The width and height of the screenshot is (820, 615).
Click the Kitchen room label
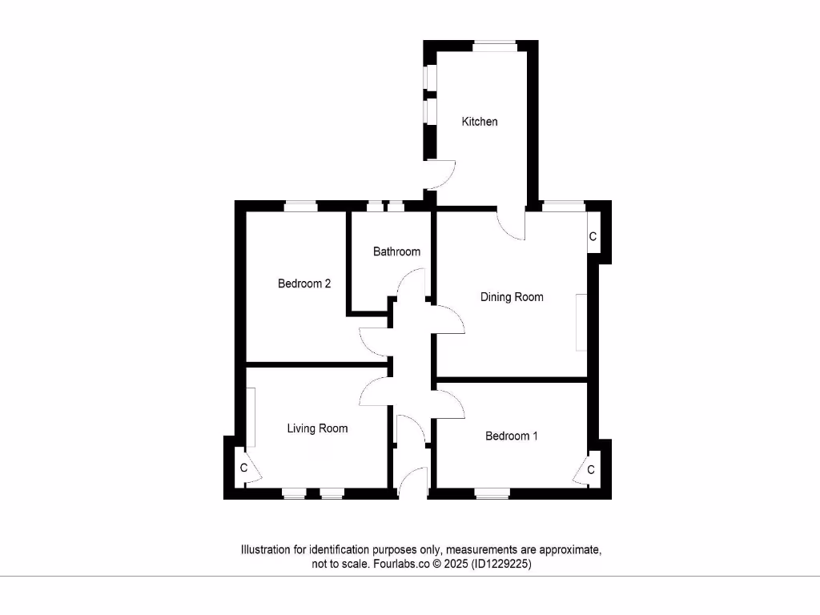tap(480, 122)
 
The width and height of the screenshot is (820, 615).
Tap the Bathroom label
tap(396, 251)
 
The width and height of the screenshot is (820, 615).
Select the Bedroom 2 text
tap(304, 283)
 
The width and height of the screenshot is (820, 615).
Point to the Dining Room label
tap(512, 297)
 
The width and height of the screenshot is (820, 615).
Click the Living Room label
tap(317, 428)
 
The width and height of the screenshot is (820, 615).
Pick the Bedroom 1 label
tap(512, 436)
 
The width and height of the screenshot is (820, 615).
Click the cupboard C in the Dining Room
tap(593, 237)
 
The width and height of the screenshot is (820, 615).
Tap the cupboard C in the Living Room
tap(243, 468)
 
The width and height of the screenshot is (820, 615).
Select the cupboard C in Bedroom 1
tap(591, 470)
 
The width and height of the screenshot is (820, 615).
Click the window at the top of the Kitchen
tap(493, 46)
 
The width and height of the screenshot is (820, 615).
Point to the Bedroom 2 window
tap(301, 207)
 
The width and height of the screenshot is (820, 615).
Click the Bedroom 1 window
tap(493, 493)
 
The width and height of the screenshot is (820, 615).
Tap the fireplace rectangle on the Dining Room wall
tap(580, 322)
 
